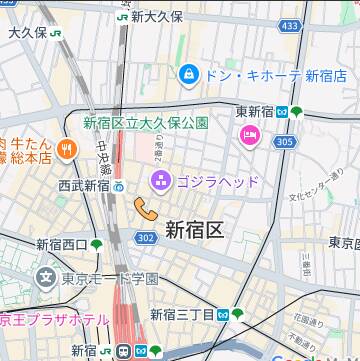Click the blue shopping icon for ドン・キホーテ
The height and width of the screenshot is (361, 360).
(x=188, y=74)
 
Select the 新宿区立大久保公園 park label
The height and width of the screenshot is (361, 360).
(x=145, y=123)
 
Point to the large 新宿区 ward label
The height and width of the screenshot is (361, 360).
(x=193, y=230)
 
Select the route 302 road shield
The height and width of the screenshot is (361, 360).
(x=146, y=237)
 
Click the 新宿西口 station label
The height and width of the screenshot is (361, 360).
(x=62, y=244)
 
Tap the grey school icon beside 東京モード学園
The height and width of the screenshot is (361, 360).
(x=45, y=276)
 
